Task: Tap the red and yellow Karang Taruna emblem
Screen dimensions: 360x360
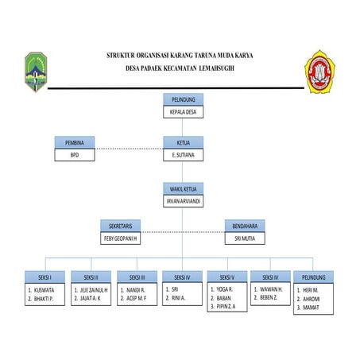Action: coord(323,72)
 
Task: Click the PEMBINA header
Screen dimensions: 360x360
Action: coord(75,142)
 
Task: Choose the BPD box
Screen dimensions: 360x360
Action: coord(75,155)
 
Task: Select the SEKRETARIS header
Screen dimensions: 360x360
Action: coord(120,226)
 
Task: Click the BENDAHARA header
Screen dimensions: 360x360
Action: coord(244,226)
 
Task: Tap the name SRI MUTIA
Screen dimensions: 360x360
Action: coord(244,238)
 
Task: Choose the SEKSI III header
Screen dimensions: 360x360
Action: coord(137,277)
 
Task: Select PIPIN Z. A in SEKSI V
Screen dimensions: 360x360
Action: coord(230,305)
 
